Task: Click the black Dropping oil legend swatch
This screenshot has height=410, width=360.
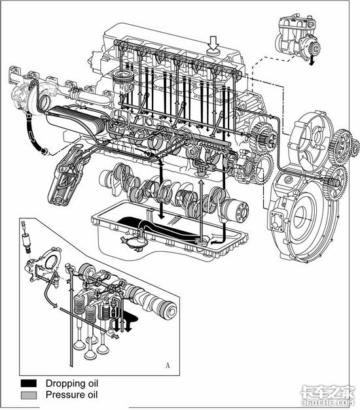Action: coord(29,383)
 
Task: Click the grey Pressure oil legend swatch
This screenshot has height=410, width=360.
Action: coord(29,395)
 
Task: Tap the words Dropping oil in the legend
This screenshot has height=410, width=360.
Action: coord(72,384)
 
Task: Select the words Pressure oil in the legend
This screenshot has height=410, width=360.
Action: coord(72,394)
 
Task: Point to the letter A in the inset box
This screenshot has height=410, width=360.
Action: coord(168,366)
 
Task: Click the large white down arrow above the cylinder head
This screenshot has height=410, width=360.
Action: coord(214,43)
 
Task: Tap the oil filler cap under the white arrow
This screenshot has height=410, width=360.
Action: coord(214,52)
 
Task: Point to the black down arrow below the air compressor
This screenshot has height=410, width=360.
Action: coord(312,60)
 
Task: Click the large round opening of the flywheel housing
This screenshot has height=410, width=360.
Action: coord(302,218)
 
